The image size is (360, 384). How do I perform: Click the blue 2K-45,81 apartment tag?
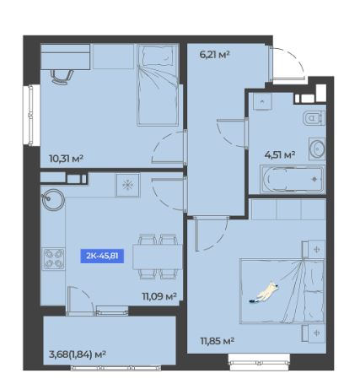point(102,256)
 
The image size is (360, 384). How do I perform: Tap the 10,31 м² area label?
point(66,159)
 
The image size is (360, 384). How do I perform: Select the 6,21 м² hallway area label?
point(215,54)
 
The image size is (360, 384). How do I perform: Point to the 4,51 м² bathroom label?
point(280,154)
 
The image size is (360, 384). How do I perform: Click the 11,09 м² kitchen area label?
point(159,296)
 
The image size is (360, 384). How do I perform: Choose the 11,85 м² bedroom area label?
point(218,341)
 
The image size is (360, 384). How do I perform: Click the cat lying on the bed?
point(264,294)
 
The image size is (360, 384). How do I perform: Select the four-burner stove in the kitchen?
point(53,259)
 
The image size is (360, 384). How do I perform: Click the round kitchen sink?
point(52,199)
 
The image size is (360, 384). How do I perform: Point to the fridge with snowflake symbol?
point(127,185)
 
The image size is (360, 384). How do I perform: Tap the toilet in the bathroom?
point(314,118)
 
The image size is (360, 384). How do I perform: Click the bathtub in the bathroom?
point(293,179)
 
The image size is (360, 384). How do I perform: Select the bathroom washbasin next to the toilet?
point(317,148)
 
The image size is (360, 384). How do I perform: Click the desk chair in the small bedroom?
point(62,76)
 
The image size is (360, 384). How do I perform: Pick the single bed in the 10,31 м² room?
point(158,85)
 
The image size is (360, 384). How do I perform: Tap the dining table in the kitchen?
point(158,257)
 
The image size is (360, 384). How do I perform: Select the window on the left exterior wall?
point(31,115)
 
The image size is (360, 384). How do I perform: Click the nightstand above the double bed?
point(314,249)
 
